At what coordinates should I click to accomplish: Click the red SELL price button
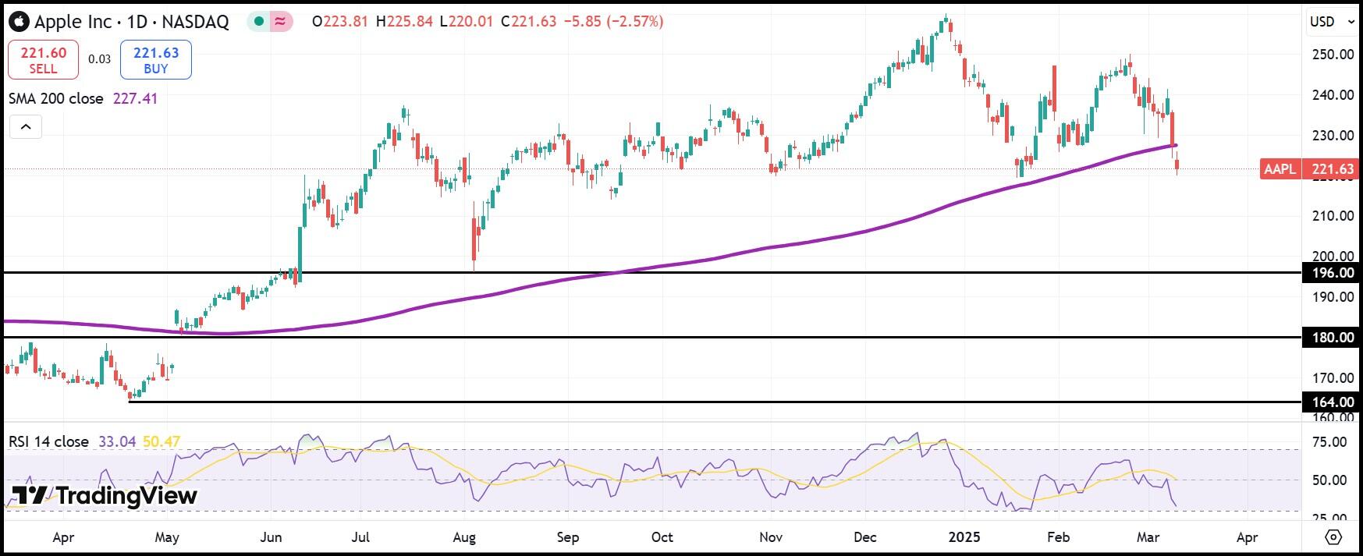click(43, 60)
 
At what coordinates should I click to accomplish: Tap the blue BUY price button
click(156, 60)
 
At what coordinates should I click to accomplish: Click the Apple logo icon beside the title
click(19, 22)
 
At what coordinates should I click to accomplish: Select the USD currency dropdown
click(1331, 22)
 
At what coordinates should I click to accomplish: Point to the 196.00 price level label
click(1333, 273)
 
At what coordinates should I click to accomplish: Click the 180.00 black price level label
click(1333, 338)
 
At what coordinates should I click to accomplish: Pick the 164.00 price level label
click(1333, 402)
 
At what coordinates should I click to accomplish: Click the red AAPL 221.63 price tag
click(1308, 169)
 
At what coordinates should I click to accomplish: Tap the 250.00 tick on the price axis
click(1333, 55)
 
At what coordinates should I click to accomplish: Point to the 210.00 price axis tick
click(1333, 216)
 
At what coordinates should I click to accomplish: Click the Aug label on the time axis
click(464, 537)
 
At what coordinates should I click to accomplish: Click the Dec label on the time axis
click(865, 537)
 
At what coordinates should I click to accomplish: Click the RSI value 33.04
click(117, 442)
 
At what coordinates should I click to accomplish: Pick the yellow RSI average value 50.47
click(162, 442)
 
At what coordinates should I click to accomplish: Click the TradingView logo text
click(105, 496)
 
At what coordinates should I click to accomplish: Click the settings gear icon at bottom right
click(1333, 537)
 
